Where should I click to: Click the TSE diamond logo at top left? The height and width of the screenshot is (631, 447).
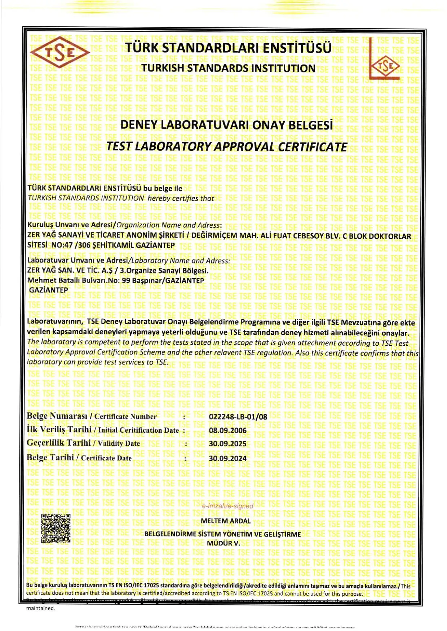[60, 53]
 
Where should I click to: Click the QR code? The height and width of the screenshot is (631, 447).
[56, 528]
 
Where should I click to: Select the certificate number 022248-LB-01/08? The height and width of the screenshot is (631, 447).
[238, 417]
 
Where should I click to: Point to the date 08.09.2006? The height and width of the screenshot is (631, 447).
[227, 430]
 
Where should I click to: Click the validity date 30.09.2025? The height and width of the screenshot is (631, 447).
[227, 444]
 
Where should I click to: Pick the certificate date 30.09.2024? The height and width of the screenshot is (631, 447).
[227, 458]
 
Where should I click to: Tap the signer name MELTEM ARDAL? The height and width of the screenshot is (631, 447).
[225, 521]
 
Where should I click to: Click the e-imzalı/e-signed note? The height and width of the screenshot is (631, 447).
[227, 506]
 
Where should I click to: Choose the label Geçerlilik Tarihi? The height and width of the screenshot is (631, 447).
[58, 443]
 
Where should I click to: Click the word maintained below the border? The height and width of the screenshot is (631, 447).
[41, 608]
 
